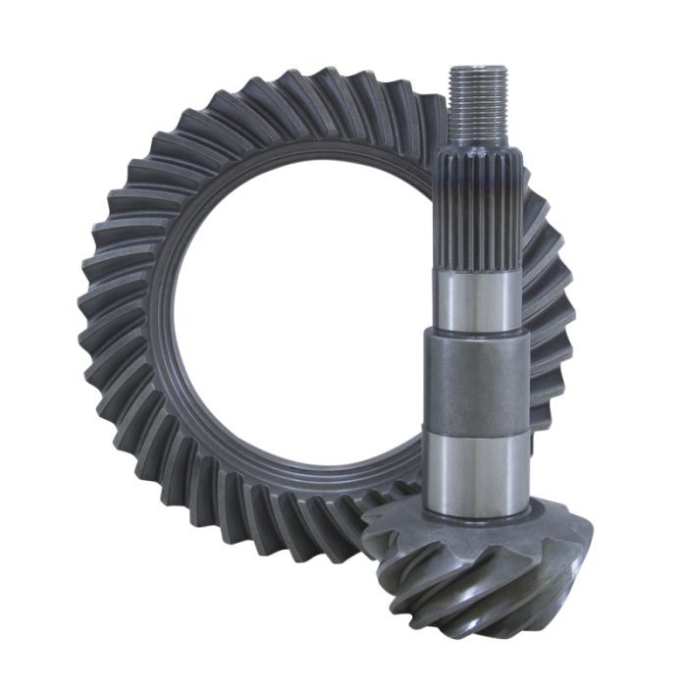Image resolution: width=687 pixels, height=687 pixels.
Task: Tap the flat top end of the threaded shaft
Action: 478,69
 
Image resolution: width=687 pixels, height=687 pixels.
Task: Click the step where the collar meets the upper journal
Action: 477,331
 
